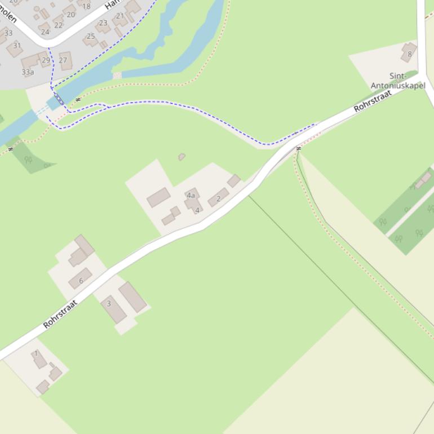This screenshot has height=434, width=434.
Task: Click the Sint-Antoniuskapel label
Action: (398, 81)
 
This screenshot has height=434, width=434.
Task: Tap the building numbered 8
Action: (409, 53)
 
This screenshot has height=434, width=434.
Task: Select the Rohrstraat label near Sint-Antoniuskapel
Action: (373, 101)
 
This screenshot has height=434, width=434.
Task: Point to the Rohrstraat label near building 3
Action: (60, 315)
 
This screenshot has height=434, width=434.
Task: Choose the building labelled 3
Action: (113, 307)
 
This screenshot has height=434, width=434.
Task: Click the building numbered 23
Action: (103, 23)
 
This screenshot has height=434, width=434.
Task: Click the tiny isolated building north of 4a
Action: (181, 157)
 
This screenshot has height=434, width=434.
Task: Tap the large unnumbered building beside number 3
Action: (132, 296)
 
